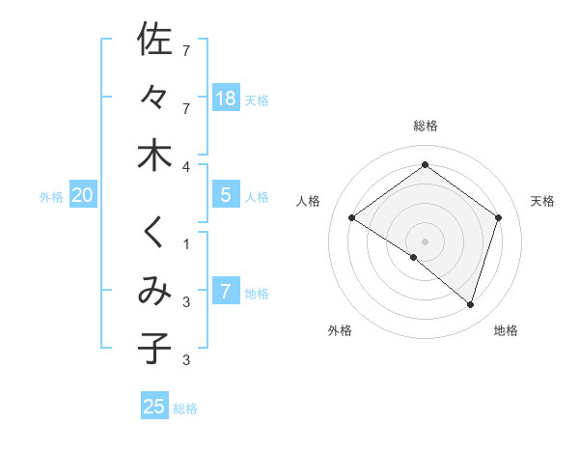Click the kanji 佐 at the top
(154, 40)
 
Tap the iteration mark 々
(154, 99)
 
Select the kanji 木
(154, 156)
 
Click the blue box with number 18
(226, 99)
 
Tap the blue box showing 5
(226, 195)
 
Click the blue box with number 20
(83, 195)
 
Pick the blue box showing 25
(154, 407)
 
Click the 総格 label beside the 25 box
(185, 409)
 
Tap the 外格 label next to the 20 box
(51, 197)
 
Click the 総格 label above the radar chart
(425, 126)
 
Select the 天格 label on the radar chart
(542, 201)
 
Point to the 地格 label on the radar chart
(506, 330)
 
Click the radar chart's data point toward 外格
(414, 257)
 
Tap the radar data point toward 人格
(352, 218)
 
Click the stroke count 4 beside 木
(186, 165)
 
